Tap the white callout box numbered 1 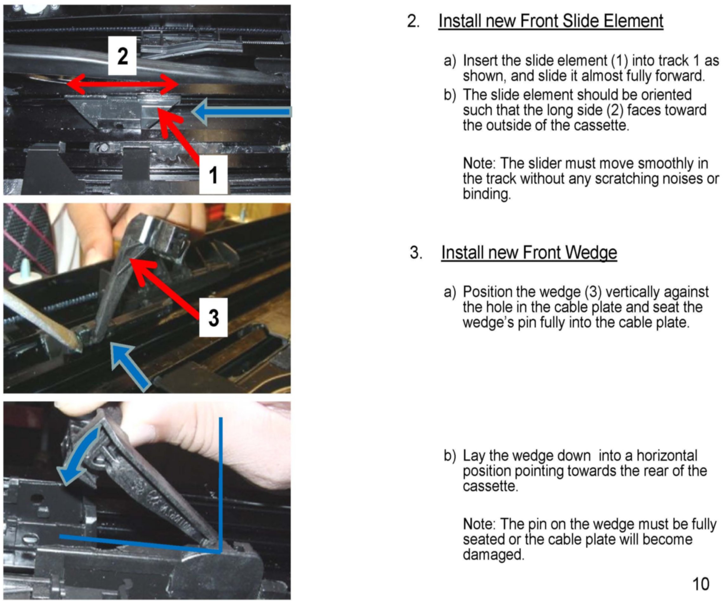[x=213, y=175]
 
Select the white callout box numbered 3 [x=213, y=317]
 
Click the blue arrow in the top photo [x=241, y=111]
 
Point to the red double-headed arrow [x=122, y=84]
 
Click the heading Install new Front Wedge [x=529, y=252]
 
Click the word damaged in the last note [x=494, y=554]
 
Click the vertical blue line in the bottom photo [x=220, y=484]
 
